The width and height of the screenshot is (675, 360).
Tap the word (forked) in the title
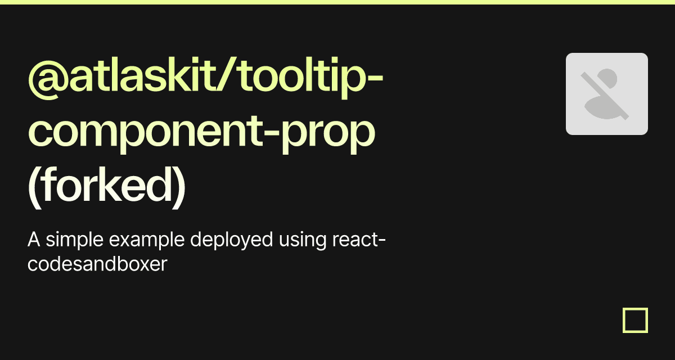coord(107,187)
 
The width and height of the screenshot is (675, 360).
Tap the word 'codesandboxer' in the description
coord(97,264)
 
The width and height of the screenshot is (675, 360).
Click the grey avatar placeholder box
coord(606,94)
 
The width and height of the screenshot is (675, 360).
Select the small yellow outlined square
coord(635,320)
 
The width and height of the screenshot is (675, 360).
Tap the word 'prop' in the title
coord(328,134)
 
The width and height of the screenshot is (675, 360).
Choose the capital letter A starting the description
coord(34,240)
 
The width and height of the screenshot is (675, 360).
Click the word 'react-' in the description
coord(359,240)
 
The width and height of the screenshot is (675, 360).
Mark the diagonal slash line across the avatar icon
coord(605,96)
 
